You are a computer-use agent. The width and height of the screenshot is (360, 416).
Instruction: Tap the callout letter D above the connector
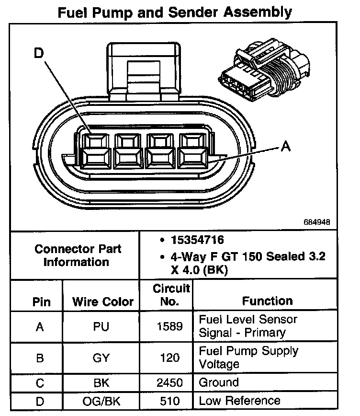[39, 54]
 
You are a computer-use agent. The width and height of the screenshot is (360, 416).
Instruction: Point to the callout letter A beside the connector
[286, 147]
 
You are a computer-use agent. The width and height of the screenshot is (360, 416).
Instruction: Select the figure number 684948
[316, 223]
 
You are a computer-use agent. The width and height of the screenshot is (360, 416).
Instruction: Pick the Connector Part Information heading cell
[78, 255]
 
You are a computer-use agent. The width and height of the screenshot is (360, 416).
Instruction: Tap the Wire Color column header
[103, 302]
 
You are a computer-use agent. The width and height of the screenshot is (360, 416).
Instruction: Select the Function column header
[267, 301]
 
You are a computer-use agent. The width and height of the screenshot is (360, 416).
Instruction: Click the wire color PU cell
[101, 327]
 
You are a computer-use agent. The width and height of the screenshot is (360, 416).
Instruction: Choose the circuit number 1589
[170, 327]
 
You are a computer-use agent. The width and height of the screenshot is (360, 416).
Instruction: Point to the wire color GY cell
[101, 358]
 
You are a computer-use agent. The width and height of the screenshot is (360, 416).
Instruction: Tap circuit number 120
[170, 358]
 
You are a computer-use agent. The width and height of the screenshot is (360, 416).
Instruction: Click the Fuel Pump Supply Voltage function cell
[248, 357]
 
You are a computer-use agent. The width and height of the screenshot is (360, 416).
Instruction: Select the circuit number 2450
[170, 382]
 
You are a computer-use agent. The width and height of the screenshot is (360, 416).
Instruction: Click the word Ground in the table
[218, 382]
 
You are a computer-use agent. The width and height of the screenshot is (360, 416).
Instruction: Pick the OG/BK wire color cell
[101, 401]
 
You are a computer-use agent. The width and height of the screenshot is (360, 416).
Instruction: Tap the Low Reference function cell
[239, 401]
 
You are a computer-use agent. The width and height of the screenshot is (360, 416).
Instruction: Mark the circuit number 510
[170, 401]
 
